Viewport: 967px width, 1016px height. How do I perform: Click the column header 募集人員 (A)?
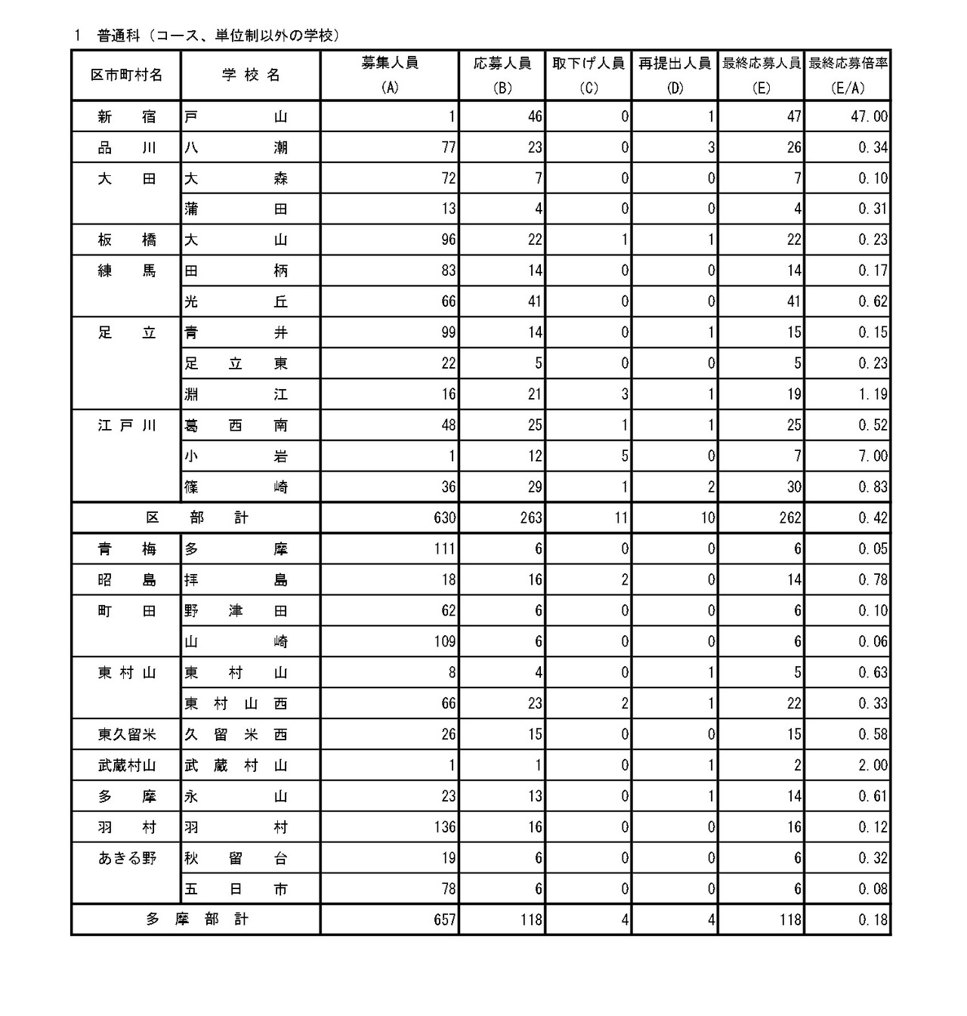(x=390, y=75)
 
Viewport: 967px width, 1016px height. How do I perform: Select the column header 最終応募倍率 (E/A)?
(x=848, y=75)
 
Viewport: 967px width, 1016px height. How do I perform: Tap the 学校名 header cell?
(x=251, y=75)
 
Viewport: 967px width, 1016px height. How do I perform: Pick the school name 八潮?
(x=236, y=147)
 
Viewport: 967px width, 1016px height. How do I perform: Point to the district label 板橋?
(x=127, y=240)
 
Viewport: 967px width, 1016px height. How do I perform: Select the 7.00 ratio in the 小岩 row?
(x=873, y=456)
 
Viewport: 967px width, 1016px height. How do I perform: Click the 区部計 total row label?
(x=196, y=518)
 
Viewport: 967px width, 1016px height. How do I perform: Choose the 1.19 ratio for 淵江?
(x=873, y=394)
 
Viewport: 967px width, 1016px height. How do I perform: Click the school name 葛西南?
(x=236, y=425)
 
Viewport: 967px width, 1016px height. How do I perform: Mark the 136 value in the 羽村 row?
(x=444, y=827)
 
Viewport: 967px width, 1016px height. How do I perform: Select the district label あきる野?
(x=127, y=858)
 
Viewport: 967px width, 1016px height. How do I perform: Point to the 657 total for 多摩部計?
(x=444, y=920)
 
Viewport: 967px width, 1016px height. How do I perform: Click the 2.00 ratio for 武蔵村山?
(x=873, y=765)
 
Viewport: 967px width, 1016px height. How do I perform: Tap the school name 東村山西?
(x=236, y=703)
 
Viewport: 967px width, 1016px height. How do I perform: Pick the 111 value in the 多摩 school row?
(x=444, y=549)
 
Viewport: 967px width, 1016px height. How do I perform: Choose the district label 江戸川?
(x=127, y=425)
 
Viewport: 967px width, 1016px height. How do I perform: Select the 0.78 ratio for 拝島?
(x=873, y=580)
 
